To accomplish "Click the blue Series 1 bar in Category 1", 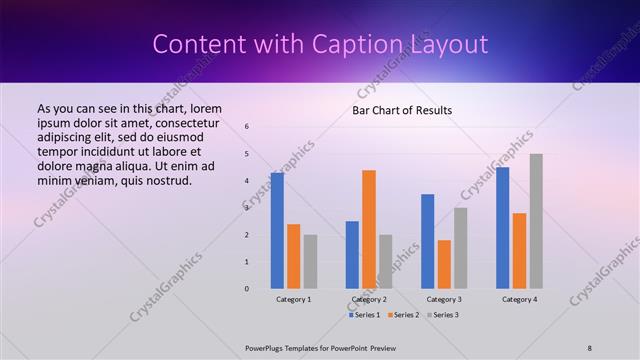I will click(x=277, y=231).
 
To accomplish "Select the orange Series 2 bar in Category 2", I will click(x=369, y=229).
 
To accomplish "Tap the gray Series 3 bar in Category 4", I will click(x=536, y=221).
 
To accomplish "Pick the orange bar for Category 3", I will click(x=444, y=264).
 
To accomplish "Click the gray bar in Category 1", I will click(x=310, y=262).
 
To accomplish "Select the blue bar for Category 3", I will click(x=427, y=241).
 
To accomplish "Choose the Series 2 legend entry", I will click(x=403, y=315).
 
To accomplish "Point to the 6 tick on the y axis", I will click(x=247, y=127).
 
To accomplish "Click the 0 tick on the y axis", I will click(x=247, y=289).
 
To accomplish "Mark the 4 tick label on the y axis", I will click(x=247, y=181).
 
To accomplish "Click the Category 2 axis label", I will click(x=369, y=299).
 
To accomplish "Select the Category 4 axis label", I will click(x=519, y=299).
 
